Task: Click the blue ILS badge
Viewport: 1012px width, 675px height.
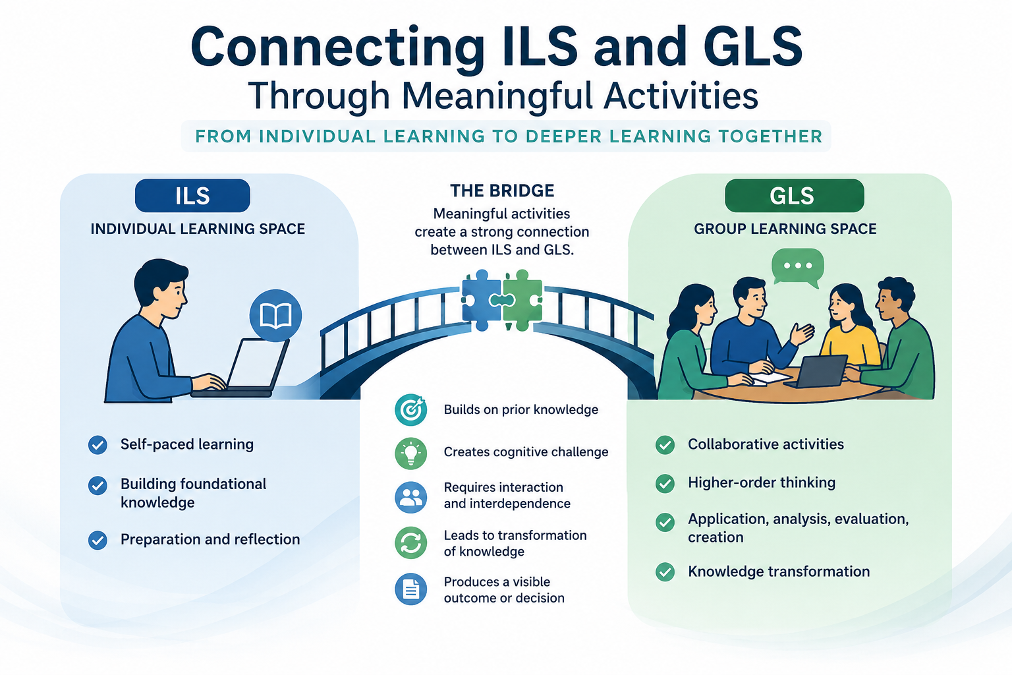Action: coord(192,196)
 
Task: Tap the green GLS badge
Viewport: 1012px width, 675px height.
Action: coord(794,196)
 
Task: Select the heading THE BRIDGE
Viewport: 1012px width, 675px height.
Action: coord(502,191)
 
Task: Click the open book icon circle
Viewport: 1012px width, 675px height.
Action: coord(275,315)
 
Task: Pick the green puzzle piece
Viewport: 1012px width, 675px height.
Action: coord(522,300)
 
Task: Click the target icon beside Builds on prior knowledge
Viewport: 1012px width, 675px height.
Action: coord(410,409)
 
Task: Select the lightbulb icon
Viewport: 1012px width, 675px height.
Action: coord(410,453)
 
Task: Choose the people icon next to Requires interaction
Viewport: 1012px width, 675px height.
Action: coord(410,497)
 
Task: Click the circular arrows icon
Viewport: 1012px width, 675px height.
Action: coord(410,543)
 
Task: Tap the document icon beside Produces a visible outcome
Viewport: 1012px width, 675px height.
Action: coord(410,589)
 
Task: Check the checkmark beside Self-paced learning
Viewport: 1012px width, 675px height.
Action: coord(98,445)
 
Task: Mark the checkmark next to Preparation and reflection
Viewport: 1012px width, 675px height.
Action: coord(98,540)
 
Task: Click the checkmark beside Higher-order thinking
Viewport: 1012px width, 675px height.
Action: coord(665,483)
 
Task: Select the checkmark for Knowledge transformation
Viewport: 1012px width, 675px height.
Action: coord(665,572)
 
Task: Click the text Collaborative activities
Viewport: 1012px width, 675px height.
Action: coord(766,444)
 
